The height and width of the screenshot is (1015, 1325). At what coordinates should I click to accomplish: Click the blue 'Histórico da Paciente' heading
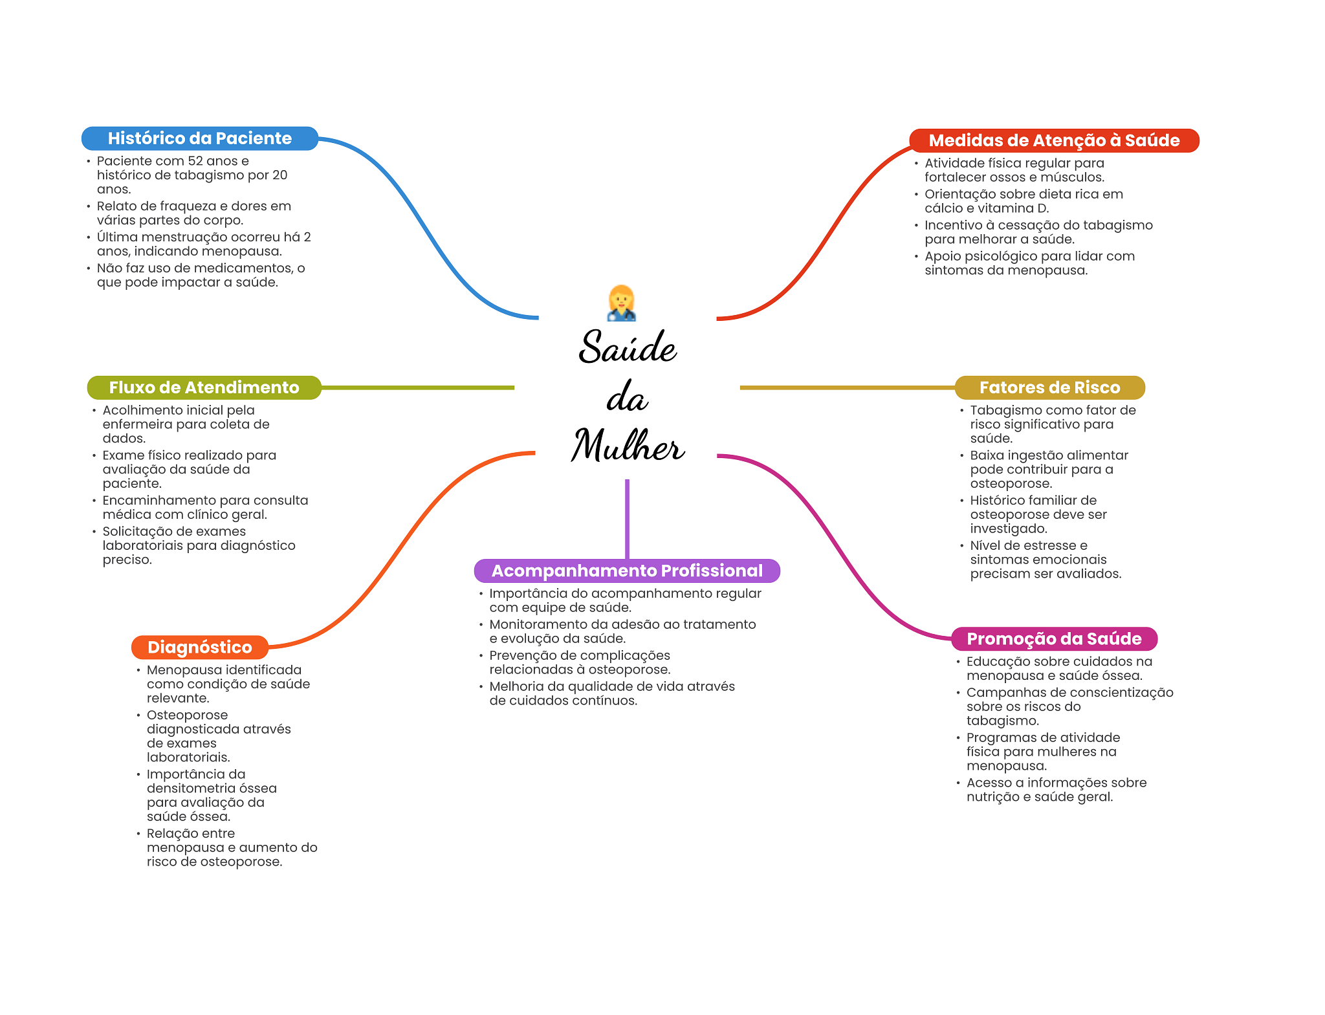199,138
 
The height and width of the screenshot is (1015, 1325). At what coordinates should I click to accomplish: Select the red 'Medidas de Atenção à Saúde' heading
1054,140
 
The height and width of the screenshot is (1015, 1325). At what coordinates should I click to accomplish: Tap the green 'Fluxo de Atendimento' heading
204,387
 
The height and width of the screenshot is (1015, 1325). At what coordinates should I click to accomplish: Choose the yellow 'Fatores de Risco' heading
1049,387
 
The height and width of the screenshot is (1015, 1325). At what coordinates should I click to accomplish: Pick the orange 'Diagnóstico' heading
199,647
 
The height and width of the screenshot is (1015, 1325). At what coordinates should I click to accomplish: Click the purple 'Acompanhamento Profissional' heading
627,571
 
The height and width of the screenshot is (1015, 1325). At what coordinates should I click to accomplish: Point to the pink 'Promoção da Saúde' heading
1054,638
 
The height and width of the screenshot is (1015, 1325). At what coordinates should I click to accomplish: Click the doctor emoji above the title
622,303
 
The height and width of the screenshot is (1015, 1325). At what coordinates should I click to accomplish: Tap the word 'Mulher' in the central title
628,446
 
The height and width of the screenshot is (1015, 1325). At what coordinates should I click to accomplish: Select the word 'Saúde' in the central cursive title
628,347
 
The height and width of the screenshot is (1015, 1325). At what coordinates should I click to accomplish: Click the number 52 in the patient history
195,161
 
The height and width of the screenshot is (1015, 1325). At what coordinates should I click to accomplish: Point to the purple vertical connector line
627,518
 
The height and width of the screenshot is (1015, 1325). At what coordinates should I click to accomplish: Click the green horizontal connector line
417,387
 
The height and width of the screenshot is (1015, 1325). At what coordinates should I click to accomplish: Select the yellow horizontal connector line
848,387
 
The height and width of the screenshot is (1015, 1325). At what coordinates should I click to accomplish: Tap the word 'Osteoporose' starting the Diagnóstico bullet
187,715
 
